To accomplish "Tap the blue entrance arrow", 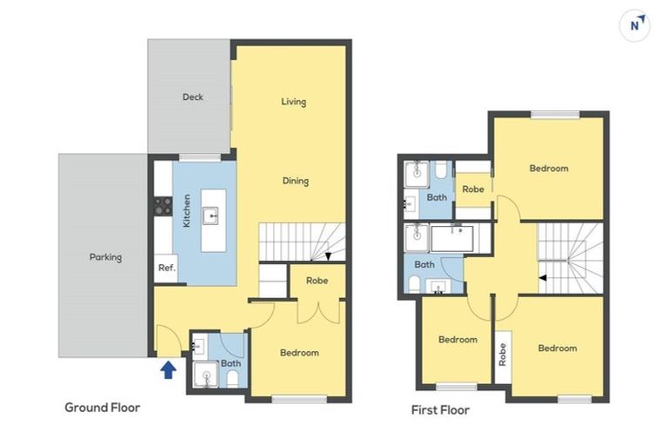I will coord(169,370).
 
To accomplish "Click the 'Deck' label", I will coord(192,96).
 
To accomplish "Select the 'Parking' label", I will coord(105,257).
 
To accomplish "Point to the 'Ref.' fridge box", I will coord(166,268).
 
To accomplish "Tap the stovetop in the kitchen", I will coord(163,205).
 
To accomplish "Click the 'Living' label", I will coord(293,102).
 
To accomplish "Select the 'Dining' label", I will coord(295,181).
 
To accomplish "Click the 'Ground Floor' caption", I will coord(102,407).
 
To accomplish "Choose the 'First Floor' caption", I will coord(439,409).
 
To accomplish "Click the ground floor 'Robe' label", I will coord(317,281).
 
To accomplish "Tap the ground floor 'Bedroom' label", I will coord(298,353).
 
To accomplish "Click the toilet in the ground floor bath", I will coord(233,378).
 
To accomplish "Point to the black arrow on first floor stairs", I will coord(543,278).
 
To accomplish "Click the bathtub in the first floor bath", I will coord(452,238).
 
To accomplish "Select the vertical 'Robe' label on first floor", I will coord(502,353).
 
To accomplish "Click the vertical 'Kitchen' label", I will coord(186,211).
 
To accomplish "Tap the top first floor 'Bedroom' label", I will coord(549,169).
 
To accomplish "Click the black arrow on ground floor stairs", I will coord(328,256).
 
